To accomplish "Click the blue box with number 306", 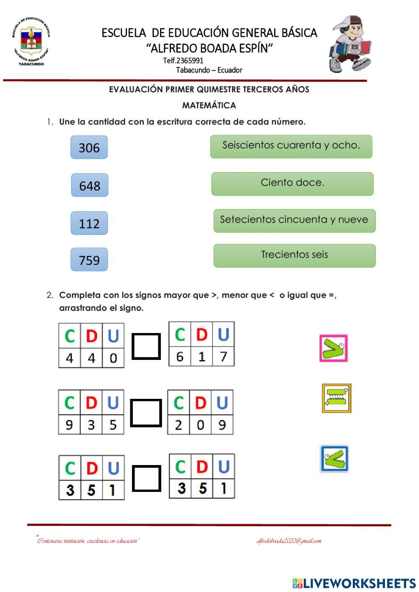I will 89,147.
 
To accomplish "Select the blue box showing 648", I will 90,185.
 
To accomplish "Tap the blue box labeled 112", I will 89,223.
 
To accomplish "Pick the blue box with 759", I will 89,260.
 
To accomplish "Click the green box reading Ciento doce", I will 292,184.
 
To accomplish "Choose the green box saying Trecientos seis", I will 294,256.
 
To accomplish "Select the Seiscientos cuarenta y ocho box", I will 291,146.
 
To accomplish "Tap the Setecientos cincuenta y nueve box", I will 294,220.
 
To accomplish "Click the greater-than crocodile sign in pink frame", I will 334,348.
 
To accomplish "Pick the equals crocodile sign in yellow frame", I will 336,398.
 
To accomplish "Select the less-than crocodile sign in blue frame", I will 334,459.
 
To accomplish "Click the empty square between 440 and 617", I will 146,346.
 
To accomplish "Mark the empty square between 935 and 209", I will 146,413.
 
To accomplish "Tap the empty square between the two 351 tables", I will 147,478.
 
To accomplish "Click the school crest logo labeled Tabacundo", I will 31,41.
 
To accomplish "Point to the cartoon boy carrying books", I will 350,44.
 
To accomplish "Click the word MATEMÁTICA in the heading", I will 209,105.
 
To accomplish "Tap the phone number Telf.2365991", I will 183,60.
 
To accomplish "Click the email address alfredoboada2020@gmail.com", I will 289,541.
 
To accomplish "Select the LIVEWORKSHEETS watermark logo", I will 354,583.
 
